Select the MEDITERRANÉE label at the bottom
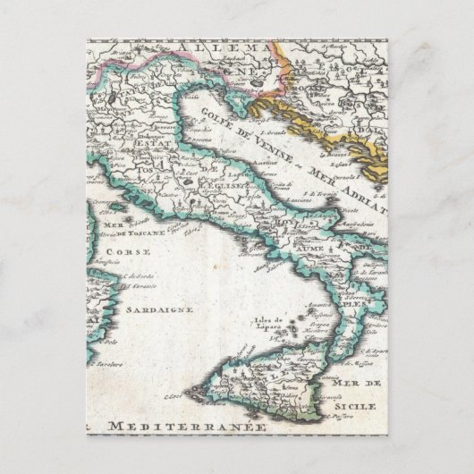pyautogui.click(x=190, y=427)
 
